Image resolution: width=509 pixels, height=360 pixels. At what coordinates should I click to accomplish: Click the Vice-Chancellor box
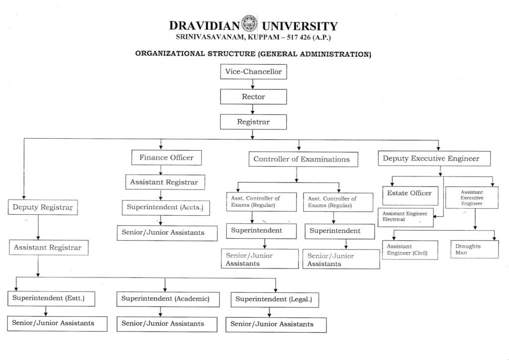(254, 72)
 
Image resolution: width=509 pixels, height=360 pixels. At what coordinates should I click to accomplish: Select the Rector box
(254, 97)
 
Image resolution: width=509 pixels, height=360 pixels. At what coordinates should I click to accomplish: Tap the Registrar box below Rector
(254, 121)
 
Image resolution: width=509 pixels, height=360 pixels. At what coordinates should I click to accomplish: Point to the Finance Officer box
(166, 158)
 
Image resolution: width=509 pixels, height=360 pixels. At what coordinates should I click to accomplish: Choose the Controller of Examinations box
(302, 159)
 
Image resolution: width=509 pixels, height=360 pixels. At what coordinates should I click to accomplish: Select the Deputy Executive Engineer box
(434, 159)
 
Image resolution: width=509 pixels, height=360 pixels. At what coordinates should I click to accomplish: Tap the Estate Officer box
(410, 193)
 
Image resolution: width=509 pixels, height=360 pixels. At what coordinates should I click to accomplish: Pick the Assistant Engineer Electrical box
(405, 216)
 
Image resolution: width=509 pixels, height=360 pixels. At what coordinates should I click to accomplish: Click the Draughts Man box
(474, 249)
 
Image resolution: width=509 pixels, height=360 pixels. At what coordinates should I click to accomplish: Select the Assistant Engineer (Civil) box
(410, 250)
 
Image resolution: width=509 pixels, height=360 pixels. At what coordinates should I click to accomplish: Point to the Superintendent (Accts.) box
(165, 207)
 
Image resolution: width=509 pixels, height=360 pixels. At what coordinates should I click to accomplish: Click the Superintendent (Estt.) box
(51, 299)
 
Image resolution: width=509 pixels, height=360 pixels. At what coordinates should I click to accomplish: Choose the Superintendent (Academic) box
(168, 299)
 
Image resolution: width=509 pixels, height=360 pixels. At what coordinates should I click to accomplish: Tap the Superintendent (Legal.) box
(274, 299)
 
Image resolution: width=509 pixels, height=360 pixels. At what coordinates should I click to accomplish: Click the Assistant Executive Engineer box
(472, 197)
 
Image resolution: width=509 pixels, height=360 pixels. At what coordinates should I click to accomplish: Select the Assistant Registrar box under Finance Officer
(165, 182)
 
